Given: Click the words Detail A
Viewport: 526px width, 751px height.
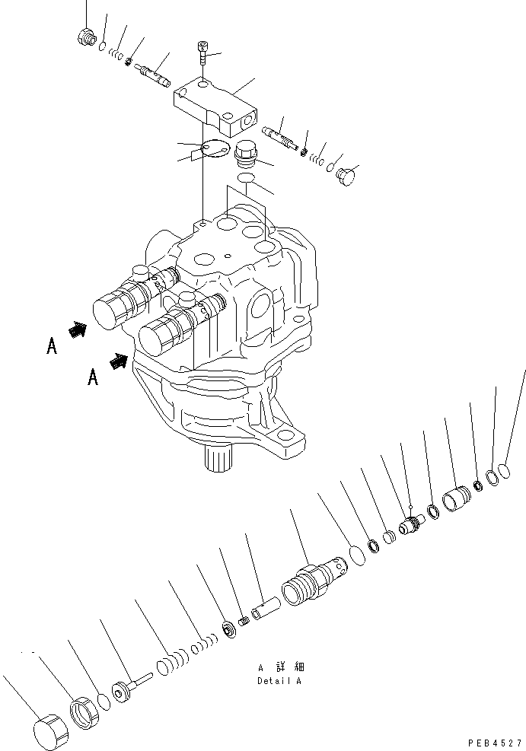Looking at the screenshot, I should click(279, 681).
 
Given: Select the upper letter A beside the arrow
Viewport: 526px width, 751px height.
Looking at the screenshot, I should click(51, 346).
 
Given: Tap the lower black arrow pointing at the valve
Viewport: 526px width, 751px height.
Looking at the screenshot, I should click(118, 361).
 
